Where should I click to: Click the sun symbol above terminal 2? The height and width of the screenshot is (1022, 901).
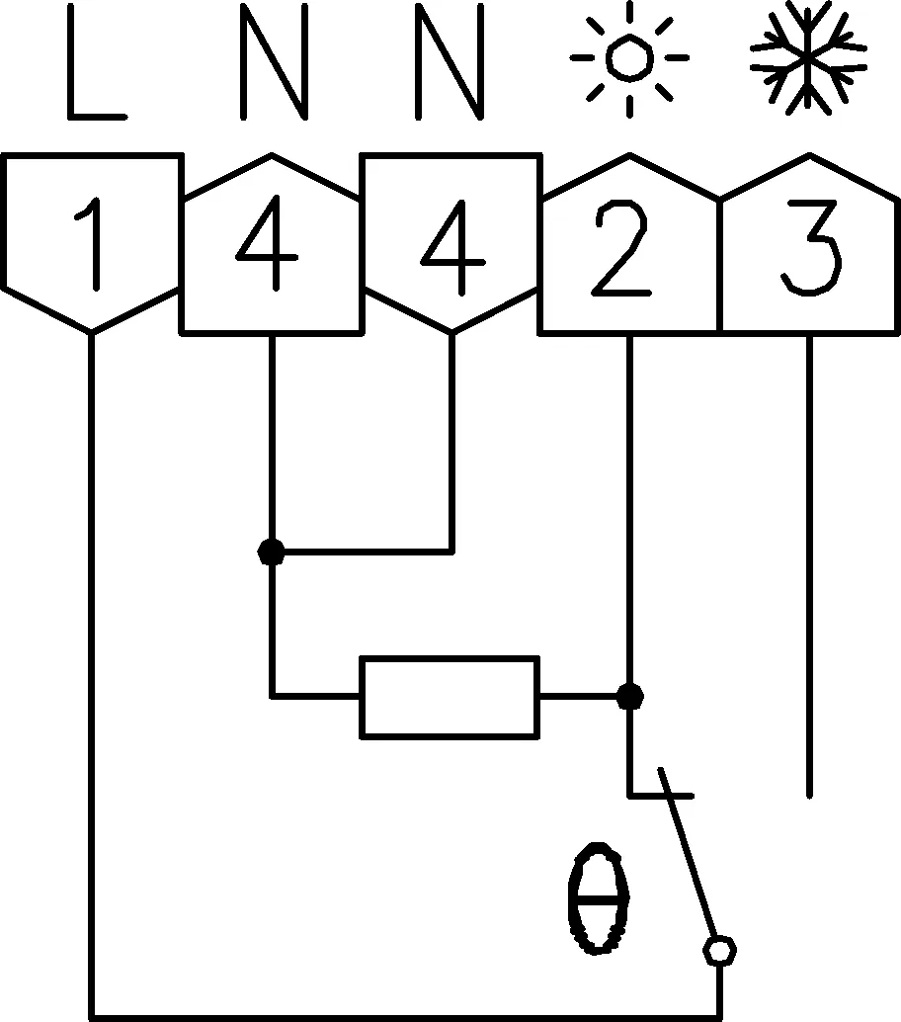(x=629, y=58)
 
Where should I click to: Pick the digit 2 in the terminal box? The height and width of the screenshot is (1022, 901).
(x=621, y=248)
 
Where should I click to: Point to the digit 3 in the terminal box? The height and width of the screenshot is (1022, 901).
(x=811, y=248)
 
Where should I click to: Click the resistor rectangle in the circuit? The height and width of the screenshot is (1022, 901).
(x=450, y=698)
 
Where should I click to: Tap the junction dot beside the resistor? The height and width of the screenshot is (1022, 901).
(x=629, y=697)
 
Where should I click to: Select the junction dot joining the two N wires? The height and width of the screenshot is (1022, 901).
(x=272, y=553)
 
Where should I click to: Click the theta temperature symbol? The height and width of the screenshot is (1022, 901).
(x=599, y=898)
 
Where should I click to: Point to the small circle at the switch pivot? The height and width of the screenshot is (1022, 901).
(x=720, y=950)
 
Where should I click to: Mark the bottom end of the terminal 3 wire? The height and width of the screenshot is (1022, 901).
(x=810, y=796)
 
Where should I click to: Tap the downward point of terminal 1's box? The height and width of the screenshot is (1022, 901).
(x=92, y=333)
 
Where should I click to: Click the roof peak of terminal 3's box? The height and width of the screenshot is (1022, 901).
(x=810, y=155)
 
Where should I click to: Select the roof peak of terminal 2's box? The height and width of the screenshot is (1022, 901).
(x=629, y=155)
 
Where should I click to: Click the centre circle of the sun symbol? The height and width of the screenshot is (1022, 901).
(x=629, y=58)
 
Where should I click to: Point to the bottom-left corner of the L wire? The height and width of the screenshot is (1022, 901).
(x=92, y=1017)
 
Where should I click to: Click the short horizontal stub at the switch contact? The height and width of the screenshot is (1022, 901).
(x=661, y=796)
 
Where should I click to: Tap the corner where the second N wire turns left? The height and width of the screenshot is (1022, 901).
(x=452, y=553)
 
